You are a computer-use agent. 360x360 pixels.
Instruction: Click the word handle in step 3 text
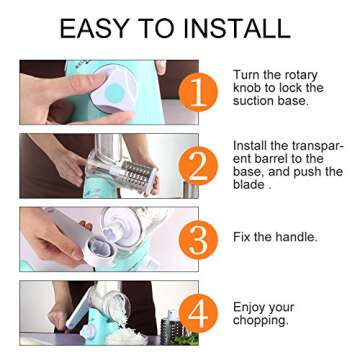297,237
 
